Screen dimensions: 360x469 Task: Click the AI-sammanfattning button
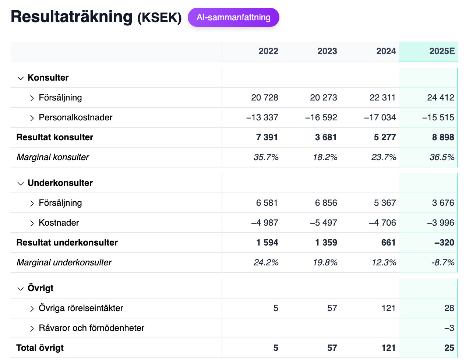pyautogui.click(x=233, y=17)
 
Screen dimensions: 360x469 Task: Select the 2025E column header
pyautogui.click(x=442, y=51)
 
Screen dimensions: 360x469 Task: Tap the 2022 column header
pyautogui.click(x=268, y=51)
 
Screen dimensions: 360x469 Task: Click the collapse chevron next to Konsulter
pyautogui.click(x=21, y=78)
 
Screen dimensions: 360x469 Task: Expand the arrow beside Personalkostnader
pyautogui.click(x=32, y=118)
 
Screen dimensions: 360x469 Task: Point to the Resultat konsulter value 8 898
pyautogui.click(x=443, y=137)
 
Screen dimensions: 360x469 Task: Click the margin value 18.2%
pyautogui.click(x=325, y=157)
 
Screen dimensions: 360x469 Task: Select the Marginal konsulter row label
pyautogui.click(x=53, y=157)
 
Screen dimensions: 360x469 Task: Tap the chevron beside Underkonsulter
pyautogui.click(x=21, y=183)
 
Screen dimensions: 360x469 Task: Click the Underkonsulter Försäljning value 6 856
pyautogui.click(x=326, y=203)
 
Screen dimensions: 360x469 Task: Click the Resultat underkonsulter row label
pyautogui.click(x=67, y=243)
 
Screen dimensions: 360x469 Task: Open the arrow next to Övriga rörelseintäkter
pyautogui.click(x=32, y=308)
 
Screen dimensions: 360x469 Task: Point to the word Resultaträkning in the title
pyautogui.click(x=71, y=17)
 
